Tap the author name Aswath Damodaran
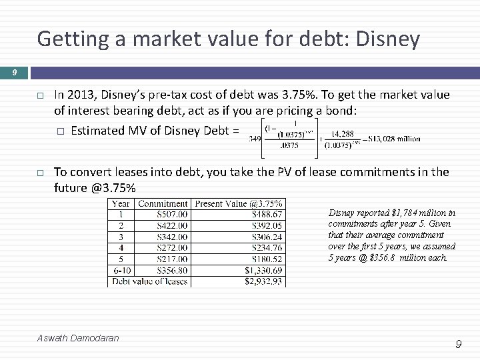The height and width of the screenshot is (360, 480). (x=78, y=338)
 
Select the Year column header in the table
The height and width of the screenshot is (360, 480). (x=121, y=203)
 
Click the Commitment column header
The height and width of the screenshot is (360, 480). (x=163, y=203)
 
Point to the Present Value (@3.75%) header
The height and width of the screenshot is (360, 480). (x=238, y=203)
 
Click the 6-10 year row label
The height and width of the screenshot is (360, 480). (x=121, y=271)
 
